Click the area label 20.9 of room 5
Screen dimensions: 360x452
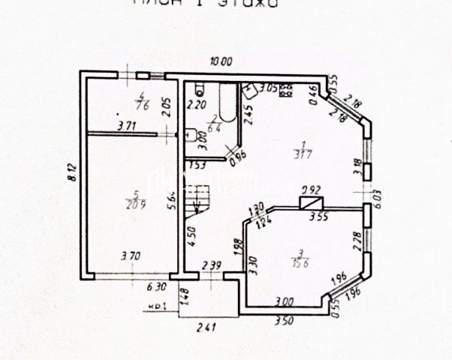point(135,203)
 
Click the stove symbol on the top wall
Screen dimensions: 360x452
point(286,91)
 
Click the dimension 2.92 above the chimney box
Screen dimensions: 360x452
point(311,190)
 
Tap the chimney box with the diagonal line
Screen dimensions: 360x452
point(311,202)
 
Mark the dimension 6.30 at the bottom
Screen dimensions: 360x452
point(155,286)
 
